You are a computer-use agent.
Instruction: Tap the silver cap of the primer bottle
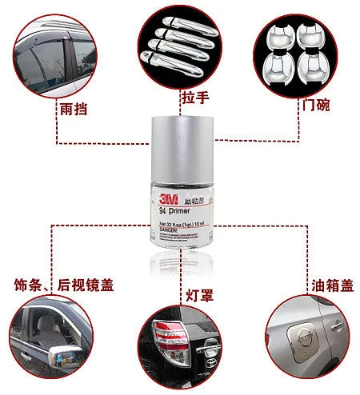coord(178,148)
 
